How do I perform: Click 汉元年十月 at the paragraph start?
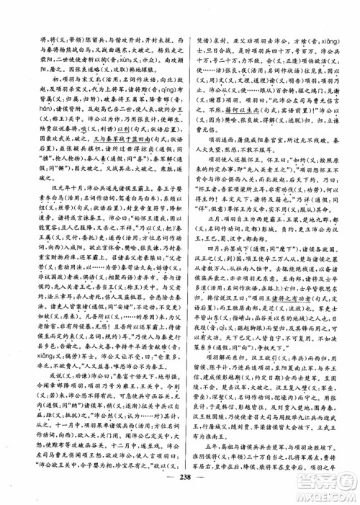point(50,185)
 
